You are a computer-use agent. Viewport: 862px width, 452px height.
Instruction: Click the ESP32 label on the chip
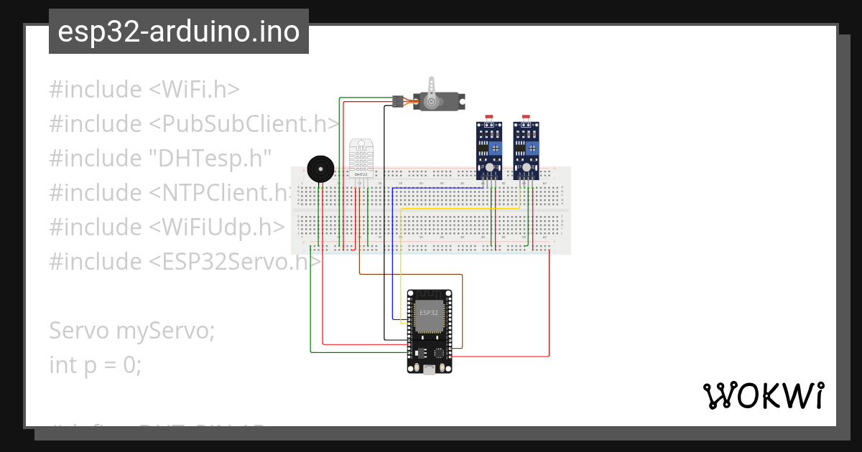point(429,313)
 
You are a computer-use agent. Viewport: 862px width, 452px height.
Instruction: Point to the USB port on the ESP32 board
point(429,369)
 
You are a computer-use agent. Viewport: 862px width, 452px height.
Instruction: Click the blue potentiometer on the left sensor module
point(496,149)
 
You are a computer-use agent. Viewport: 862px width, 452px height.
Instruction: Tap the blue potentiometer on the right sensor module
point(532,149)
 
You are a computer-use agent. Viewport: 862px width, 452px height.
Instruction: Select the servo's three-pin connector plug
point(397,101)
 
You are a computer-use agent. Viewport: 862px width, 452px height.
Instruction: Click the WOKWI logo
point(763,396)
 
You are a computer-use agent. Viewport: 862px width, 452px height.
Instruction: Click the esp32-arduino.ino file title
point(179,32)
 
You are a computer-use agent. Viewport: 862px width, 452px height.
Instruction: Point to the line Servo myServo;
point(131,331)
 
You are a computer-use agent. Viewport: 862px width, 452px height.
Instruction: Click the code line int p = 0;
point(96,365)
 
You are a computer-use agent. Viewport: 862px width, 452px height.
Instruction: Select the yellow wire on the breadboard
point(460,208)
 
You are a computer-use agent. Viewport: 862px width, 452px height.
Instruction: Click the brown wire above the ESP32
point(409,274)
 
